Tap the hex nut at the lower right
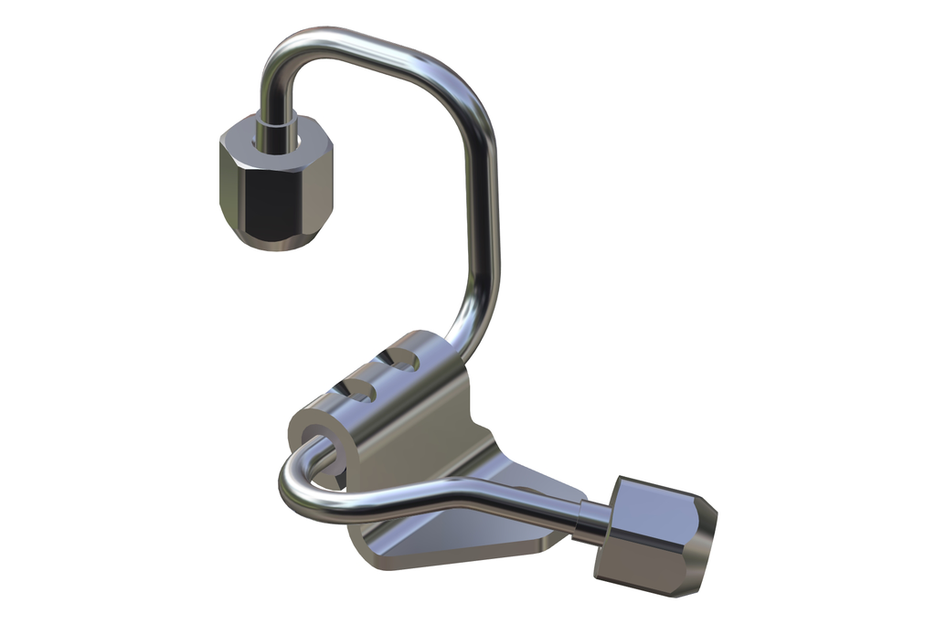pos(653,535)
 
